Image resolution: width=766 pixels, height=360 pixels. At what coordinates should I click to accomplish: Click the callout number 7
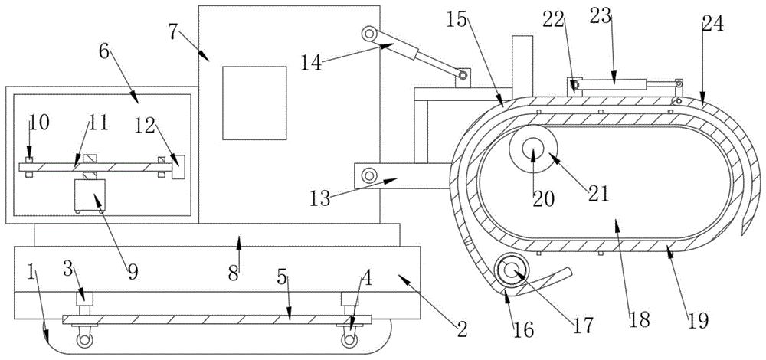(x=174, y=31)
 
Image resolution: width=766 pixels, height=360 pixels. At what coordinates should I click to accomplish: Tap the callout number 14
(x=312, y=63)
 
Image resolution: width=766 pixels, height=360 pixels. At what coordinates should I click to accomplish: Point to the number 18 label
(x=639, y=319)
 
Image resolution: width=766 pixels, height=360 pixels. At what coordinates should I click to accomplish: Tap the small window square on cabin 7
(x=254, y=103)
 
